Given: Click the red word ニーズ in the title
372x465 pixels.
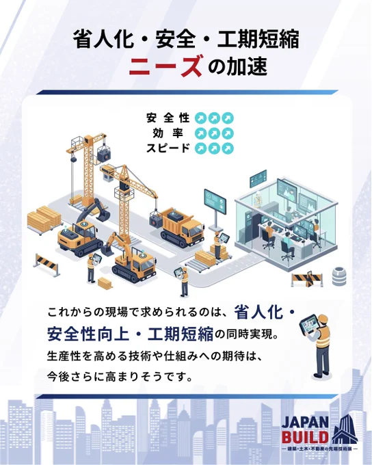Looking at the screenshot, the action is pos(165,66).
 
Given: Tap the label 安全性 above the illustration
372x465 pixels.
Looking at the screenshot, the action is pos(168,118).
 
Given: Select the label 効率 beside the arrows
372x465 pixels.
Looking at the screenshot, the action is pos(168,133).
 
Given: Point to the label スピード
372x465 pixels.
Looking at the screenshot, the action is pos(168,148).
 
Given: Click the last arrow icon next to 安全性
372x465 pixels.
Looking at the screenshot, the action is pos(228,118).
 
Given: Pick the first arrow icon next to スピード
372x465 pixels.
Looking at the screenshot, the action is pos(200,148).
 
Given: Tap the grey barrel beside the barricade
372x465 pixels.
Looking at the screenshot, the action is pos(338,276).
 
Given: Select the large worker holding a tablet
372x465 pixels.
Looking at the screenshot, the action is pos(316,345).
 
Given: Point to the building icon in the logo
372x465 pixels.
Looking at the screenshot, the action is pos(344,429).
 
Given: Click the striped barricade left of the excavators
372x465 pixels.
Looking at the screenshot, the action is pos(47,265).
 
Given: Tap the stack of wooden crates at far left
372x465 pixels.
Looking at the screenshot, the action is pos(44,220).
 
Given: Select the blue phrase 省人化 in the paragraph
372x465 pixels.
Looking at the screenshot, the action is pos(258,313).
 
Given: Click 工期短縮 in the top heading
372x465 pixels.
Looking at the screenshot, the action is pos(258,40).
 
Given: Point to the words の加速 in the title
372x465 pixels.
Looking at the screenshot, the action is pos(237,66).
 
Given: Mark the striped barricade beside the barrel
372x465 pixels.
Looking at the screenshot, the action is pos(307,279).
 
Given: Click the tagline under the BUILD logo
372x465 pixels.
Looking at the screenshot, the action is pos(320,449).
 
